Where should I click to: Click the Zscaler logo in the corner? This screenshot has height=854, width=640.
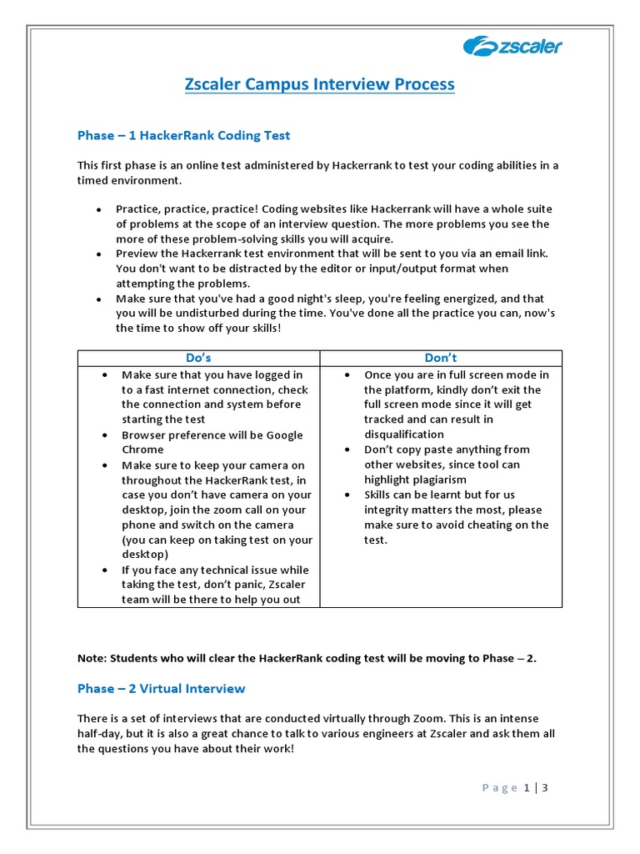tap(512, 46)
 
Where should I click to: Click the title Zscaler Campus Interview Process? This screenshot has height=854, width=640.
tap(319, 84)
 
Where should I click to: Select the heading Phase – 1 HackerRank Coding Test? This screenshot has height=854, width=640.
tap(183, 135)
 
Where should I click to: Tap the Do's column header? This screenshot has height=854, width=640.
tap(198, 358)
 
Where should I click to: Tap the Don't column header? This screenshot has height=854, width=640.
tap(441, 358)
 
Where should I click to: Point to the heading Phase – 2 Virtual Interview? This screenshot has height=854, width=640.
tap(161, 688)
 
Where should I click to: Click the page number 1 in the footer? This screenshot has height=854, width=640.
tap(527, 787)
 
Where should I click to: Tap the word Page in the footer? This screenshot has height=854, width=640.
tap(499, 787)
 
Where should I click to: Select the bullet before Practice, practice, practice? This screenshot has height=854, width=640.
tap(99, 209)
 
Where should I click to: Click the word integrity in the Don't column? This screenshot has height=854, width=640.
tap(393, 510)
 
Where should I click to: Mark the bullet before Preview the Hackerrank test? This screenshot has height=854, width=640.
tap(99, 254)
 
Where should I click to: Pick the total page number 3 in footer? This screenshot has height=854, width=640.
tap(545, 787)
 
